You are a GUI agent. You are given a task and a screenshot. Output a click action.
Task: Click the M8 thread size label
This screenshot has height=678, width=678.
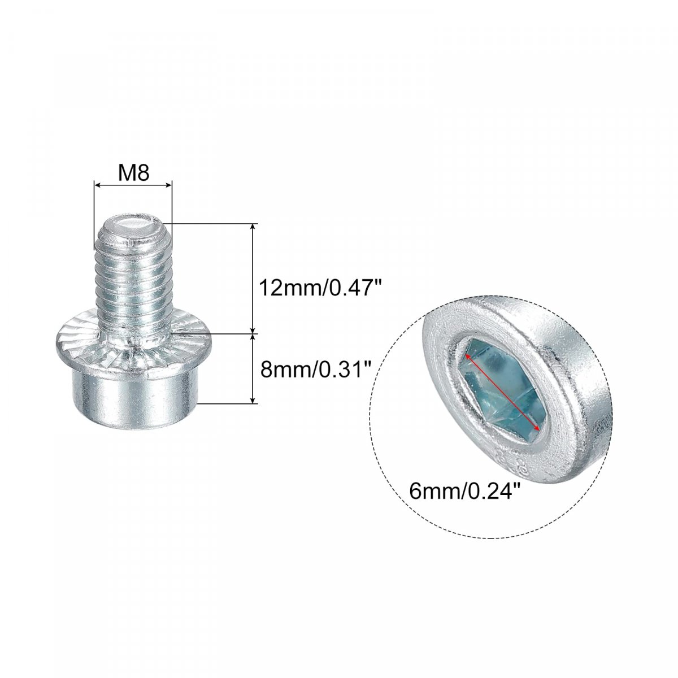(133, 173)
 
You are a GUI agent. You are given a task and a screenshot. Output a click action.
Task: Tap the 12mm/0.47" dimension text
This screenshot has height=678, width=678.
(320, 288)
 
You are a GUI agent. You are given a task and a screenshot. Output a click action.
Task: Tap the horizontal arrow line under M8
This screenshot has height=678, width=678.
(133, 185)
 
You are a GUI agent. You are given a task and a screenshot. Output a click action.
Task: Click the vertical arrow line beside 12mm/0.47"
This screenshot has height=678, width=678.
(252, 279)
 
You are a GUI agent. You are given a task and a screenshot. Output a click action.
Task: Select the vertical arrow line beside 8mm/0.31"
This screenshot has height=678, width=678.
(252, 369)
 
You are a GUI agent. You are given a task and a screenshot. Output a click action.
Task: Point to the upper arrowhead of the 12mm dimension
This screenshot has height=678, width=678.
(252, 228)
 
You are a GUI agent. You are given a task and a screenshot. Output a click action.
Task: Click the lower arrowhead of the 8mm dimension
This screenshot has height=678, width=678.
(252, 399)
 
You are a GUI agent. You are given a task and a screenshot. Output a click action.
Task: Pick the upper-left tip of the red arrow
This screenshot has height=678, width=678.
(466, 355)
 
